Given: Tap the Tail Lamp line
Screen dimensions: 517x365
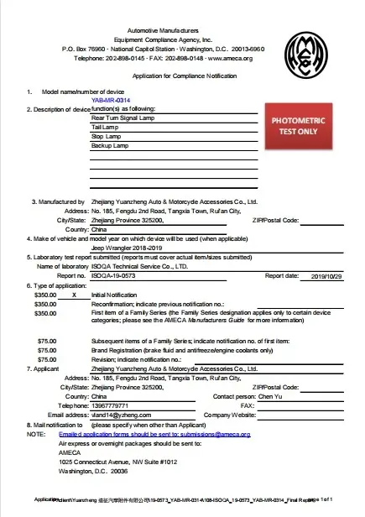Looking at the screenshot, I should tap(105, 128).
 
